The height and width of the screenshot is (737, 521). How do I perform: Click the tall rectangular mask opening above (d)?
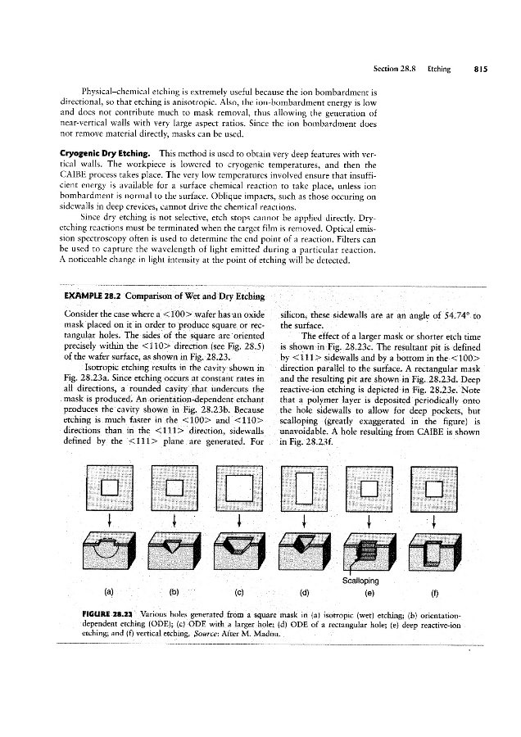tap(304, 486)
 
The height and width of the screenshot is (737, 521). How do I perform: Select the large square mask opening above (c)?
tap(238, 486)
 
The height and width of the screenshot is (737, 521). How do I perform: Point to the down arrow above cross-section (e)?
tap(369, 522)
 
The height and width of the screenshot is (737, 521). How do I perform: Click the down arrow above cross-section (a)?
tap(108, 522)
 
